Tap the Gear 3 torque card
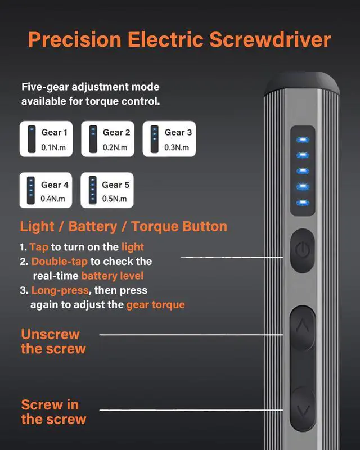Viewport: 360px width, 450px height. pyautogui.click(x=169, y=139)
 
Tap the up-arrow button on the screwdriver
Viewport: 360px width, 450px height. pyautogui.click(x=303, y=326)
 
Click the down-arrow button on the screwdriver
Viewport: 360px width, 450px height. pyautogui.click(x=303, y=410)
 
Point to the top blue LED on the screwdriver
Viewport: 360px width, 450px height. pyautogui.click(x=303, y=139)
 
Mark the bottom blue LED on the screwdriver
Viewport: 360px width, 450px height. pyautogui.click(x=303, y=201)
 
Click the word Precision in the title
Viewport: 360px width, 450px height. pyautogui.click(x=75, y=40)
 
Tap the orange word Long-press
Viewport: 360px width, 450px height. pyautogui.click(x=60, y=290)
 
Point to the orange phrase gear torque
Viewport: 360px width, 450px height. pyautogui.click(x=155, y=305)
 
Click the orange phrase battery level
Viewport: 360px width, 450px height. pyautogui.click(x=112, y=276)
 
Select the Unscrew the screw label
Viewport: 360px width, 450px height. pyautogui.click(x=53, y=341)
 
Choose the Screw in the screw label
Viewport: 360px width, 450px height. pyautogui.click(x=53, y=412)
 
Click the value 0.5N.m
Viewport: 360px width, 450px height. pyautogui.click(x=115, y=199)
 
